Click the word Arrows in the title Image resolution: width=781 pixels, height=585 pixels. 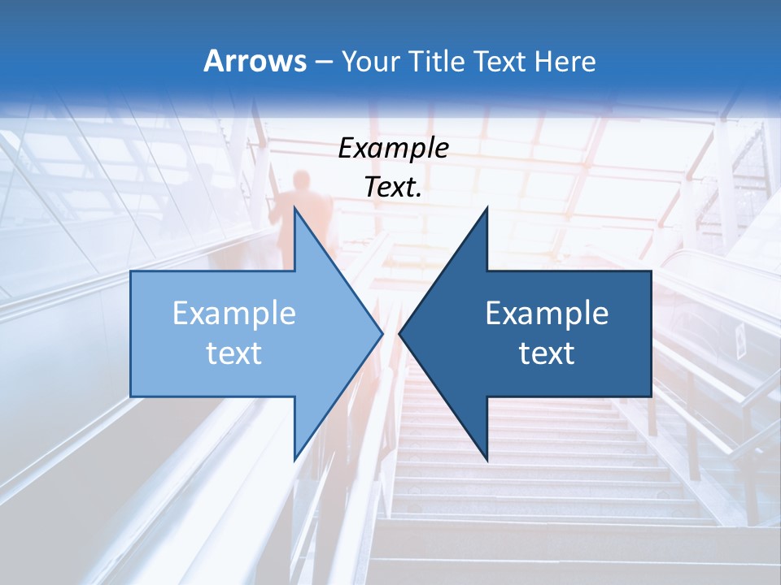click(x=255, y=61)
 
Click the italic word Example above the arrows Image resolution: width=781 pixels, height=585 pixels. click(x=393, y=148)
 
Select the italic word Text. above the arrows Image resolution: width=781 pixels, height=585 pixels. click(x=393, y=187)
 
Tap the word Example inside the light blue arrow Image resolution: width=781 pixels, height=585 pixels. click(x=234, y=313)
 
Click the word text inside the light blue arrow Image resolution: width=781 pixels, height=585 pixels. click(x=234, y=353)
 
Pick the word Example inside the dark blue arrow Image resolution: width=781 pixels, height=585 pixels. click(x=547, y=313)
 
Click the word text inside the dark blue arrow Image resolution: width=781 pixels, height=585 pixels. click(x=547, y=353)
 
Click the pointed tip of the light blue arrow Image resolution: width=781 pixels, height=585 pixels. click(x=382, y=333)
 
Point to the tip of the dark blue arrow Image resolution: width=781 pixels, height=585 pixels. click(x=399, y=333)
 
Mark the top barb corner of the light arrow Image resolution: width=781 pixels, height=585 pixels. click(x=295, y=209)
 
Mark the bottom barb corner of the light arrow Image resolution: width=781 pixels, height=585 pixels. click(x=295, y=459)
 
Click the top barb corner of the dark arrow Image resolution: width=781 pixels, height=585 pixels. click(x=486, y=209)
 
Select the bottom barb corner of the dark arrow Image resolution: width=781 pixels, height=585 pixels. click(x=486, y=459)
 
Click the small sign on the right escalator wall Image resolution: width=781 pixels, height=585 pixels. click(x=740, y=341)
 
